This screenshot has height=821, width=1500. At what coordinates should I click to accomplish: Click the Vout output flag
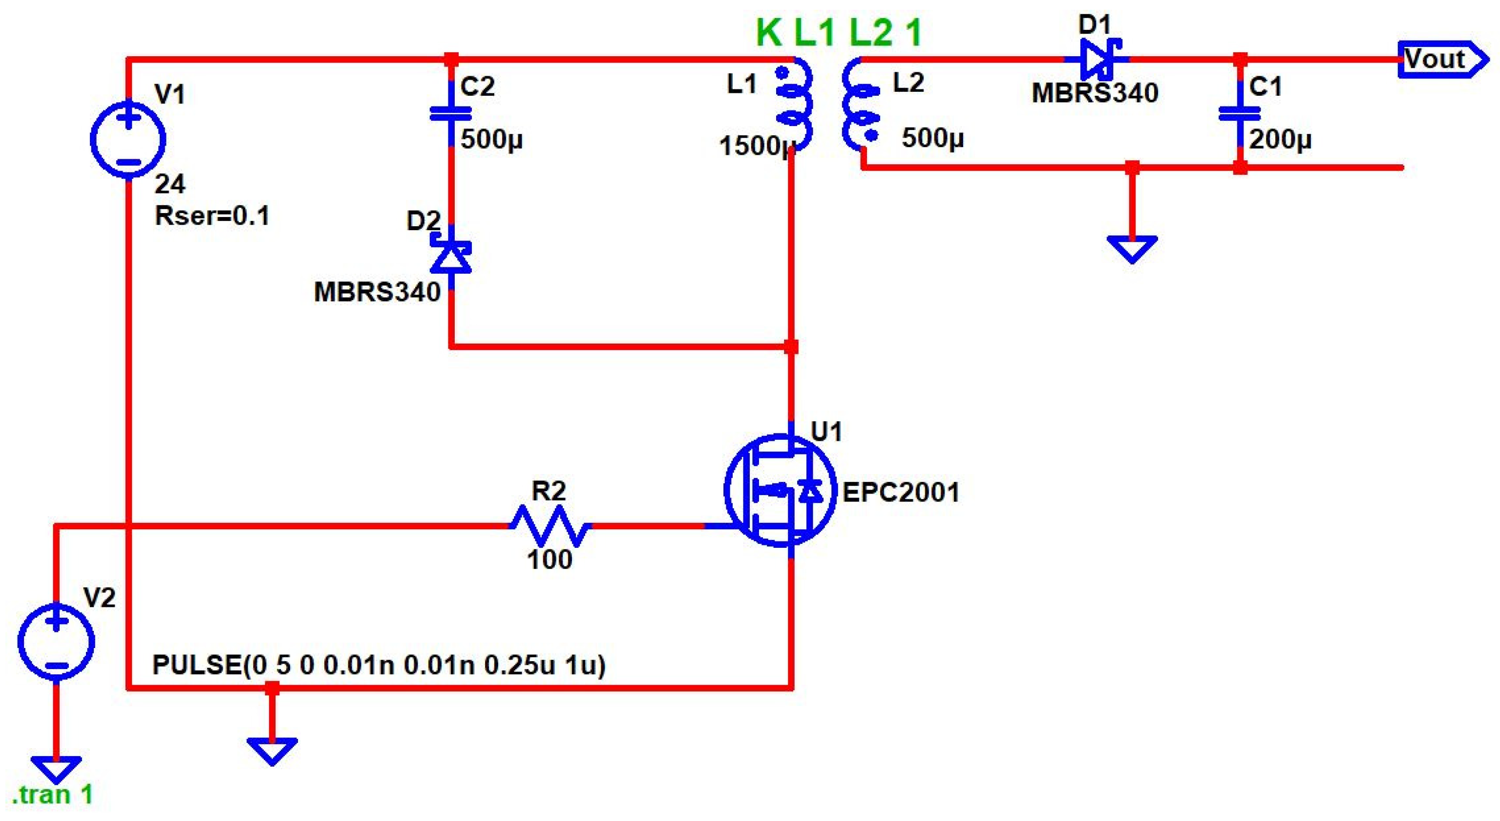point(1442,59)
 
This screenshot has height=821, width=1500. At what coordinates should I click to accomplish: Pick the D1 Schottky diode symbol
point(1097,59)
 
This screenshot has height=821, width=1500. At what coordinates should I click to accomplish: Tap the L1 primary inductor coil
point(794,105)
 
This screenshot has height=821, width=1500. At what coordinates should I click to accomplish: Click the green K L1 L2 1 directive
point(839,32)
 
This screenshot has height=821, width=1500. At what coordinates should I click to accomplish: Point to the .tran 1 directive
point(52,795)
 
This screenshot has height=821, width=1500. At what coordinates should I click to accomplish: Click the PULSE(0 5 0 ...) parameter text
point(379,665)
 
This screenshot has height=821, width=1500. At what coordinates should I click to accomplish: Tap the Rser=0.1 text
point(212,216)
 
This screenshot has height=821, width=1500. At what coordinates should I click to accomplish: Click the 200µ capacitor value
point(1280,139)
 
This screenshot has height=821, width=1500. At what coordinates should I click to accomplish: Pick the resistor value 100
point(549,560)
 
